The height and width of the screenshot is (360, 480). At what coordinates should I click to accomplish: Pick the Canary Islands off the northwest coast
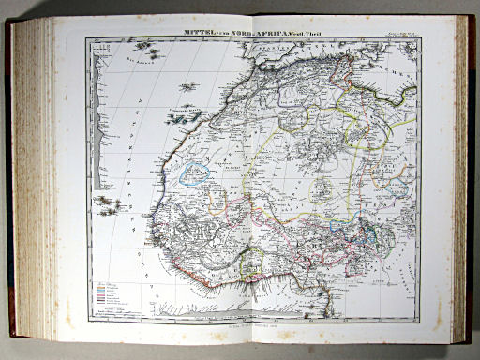click(186, 116)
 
